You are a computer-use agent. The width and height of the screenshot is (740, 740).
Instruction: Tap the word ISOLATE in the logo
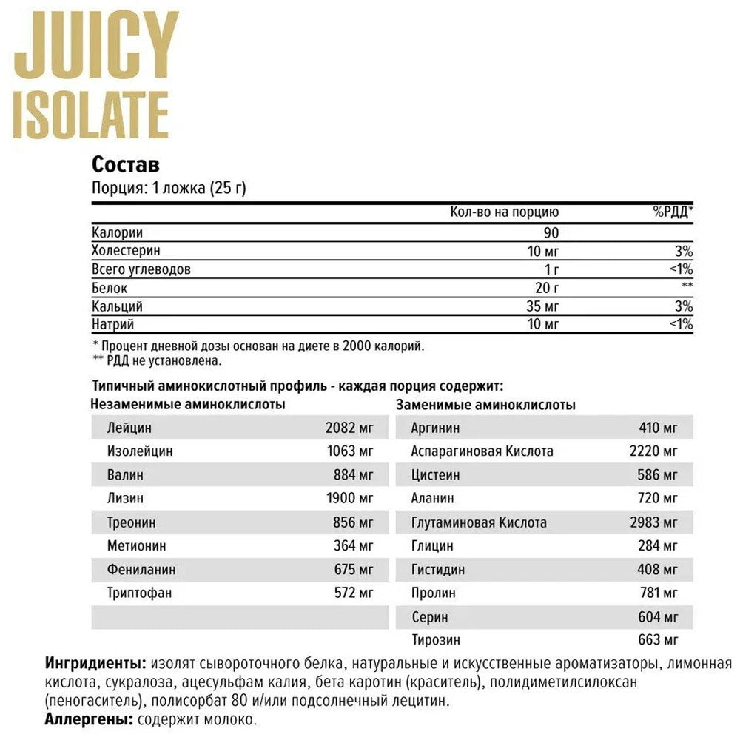91,115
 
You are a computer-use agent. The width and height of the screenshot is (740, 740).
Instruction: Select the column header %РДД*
673,212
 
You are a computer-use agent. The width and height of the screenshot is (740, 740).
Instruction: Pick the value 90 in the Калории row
551,232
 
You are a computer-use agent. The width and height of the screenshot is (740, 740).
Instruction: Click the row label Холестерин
126,251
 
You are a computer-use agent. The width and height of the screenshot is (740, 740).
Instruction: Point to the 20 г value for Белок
548,287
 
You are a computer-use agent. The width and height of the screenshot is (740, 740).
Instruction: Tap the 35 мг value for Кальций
543,306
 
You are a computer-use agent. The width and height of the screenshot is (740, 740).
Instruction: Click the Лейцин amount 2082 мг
350,428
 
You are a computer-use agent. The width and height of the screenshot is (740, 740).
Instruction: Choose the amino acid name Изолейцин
140,451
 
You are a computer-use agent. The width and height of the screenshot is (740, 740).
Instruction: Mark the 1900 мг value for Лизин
350,499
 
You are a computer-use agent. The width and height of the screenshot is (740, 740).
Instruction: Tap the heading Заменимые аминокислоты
486,405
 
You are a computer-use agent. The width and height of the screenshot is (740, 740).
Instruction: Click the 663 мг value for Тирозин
658,641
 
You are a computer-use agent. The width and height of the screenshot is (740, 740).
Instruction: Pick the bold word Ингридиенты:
95,662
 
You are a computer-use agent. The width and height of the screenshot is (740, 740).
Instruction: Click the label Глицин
432,546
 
